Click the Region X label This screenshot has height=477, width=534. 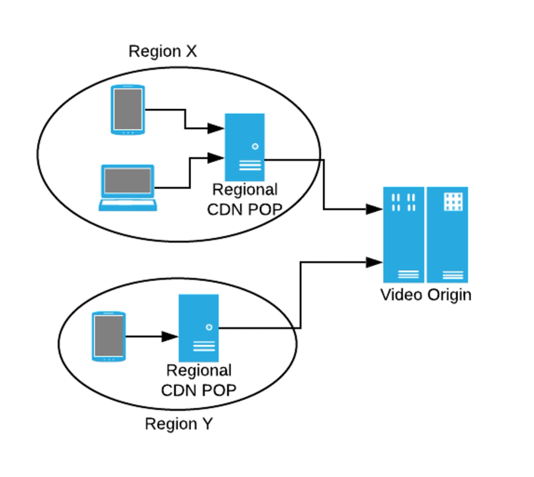(163, 52)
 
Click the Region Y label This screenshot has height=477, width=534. (178, 424)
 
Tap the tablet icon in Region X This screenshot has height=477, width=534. (128, 110)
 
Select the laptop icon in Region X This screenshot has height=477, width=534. (128, 188)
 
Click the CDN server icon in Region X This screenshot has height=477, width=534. (244, 146)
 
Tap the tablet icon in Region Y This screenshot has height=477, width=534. (108, 336)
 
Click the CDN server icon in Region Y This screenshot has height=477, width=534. (199, 327)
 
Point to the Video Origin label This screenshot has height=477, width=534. (426, 295)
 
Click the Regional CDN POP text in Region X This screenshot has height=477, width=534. (244, 200)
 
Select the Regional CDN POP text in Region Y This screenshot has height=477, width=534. (199, 380)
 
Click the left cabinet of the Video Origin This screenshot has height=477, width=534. (404, 235)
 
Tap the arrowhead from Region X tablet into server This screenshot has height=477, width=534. (216, 128)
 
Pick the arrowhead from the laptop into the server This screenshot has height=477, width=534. (216, 157)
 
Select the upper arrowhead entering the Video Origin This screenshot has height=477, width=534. (375, 209)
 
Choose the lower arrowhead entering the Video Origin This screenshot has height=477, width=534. (375, 262)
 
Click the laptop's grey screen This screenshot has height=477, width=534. (128, 180)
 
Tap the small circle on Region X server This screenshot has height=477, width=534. (255, 146)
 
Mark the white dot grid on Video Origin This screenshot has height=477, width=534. (454, 201)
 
